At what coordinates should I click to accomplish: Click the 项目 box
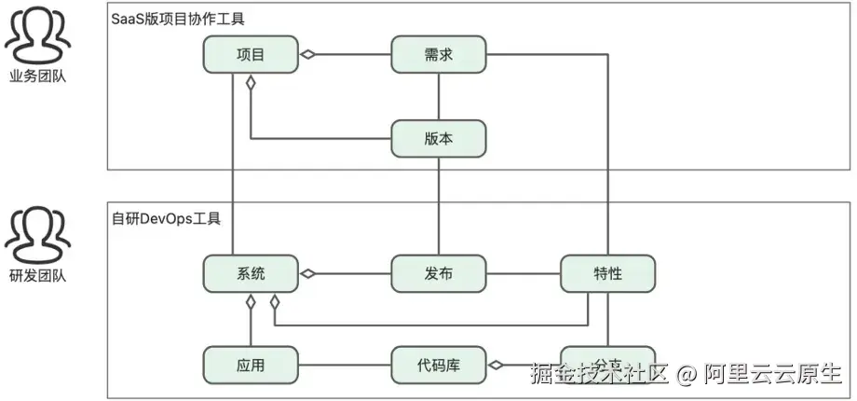click(251, 54)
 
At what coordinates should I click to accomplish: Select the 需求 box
click(438, 54)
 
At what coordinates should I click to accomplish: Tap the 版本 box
click(438, 138)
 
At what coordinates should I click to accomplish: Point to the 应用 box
click(251, 365)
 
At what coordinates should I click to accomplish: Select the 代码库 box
click(438, 365)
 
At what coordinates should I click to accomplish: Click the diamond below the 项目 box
click(251, 82)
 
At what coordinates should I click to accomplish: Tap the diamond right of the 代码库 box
click(496, 365)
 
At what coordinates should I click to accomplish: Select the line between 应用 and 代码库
click(345, 365)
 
